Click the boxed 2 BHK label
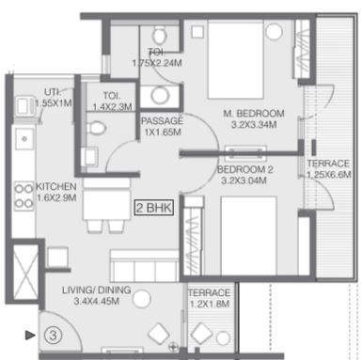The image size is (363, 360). coord(154,208)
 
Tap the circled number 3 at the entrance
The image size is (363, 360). coord(53,336)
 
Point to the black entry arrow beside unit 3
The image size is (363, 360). coord(30,336)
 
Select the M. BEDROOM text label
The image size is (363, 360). coord(254,113)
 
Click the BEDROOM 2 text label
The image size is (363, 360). coord(245,169)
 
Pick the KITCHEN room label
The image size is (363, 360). coord(56,187)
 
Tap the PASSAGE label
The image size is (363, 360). coord(162,121)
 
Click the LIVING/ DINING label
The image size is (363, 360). coord(96,290)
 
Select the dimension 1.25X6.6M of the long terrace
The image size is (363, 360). coord(328,175)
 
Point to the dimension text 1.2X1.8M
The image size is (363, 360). coord(210,304)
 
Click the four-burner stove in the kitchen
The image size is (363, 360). coord(24,196)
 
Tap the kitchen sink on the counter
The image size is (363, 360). coord(24,138)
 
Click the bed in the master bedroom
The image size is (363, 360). coord(235,59)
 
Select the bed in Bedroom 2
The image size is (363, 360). coord(249,236)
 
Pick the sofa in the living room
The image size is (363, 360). coord(145,266)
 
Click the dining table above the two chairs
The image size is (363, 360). coord(107,199)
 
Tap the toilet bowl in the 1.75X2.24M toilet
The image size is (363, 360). coord(160,35)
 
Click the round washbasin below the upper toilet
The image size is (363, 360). coord(160,95)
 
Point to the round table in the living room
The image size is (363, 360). coord(142,299)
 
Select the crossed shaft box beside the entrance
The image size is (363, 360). coord(24,271)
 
